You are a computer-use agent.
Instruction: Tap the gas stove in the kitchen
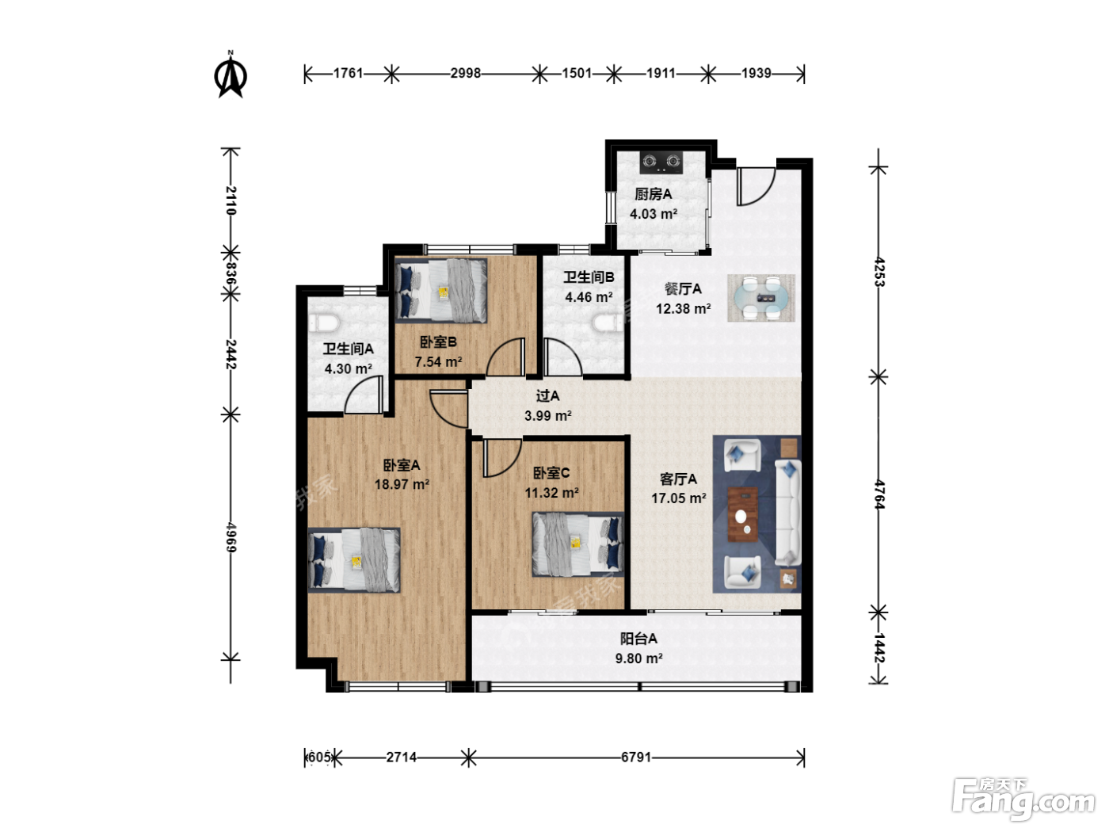pyautogui.click(x=661, y=162)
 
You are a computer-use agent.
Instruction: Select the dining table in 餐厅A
pyautogui.click(x=761, y=298)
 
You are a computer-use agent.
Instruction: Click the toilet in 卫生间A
pyautogui.click(x=323, y=322)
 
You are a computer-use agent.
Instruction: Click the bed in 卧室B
pyautogui.click(x=441, y=291)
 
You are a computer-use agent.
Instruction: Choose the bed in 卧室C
pyautogui.click(x=578, y=544)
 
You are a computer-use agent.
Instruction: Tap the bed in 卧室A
pyautogui.click(x=354, y=559)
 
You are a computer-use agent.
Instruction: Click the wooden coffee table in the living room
pyautogui.click(x=743, y=513)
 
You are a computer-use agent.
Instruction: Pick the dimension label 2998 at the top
pyautogui.click(x=465, y=73)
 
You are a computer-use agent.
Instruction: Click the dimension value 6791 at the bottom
pyautogui.click(x=636, y=758)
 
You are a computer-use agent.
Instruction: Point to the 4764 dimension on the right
pyautogui.click(x=879, y=494)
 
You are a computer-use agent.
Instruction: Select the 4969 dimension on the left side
pyautogui.click(x=231, y=537)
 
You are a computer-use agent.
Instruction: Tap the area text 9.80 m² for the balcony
pyautogui.click(x=638, y=658)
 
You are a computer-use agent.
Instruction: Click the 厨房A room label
pyautogui.click(x=654, y=194)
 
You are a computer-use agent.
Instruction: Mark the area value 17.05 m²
pyautogui.click(x=678, y=498)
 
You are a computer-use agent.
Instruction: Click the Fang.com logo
pyautogui.click(x=1023, y=800)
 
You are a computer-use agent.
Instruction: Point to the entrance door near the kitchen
pyautogui.click(x=756, y=186)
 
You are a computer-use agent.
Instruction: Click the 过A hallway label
pyautogui.click(x=547, y=396)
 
